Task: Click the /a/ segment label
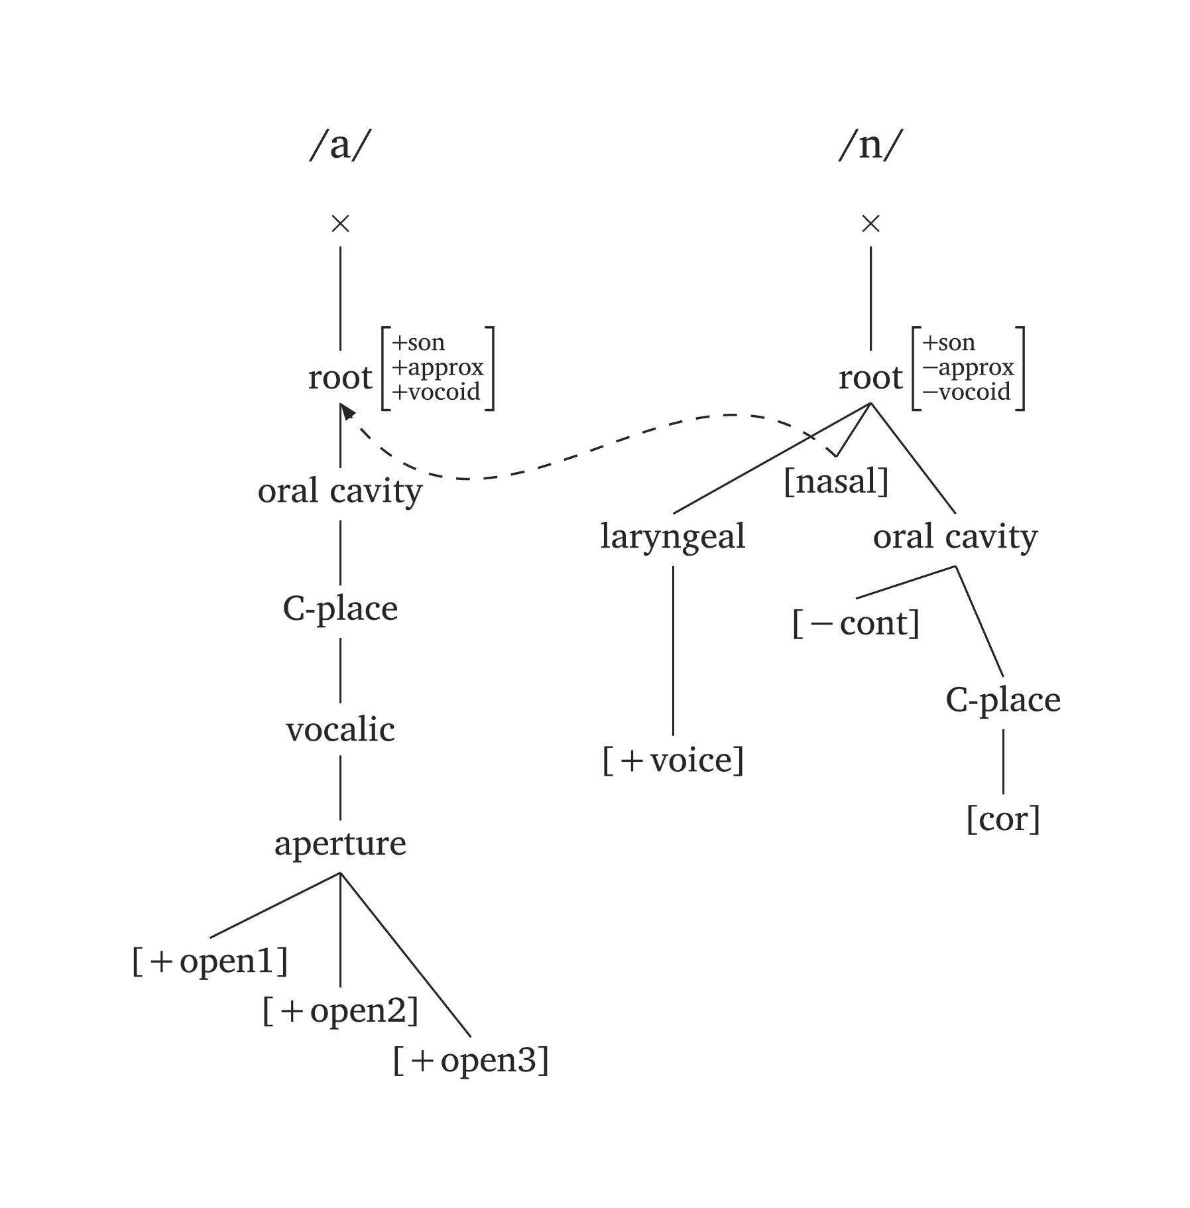(x=339, y=145)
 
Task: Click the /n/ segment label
(x=870, y=145)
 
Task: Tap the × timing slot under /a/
(x=340, y=224)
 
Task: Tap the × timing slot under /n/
(x=870, y=224)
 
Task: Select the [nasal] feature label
(x=835, y=481)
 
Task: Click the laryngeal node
(x=673, y=536)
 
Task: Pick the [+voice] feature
(x=673, y=760)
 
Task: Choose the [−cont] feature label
(x=856, y=623)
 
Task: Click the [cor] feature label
(x=1003, y=819)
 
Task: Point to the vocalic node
(x=340, y=729)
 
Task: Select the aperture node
(x=340, y=843)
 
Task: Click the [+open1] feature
(x=210, y=961)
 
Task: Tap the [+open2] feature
(x=340, y=1010)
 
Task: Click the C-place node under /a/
(x=340, y=608)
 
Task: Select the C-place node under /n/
(x=1003, y=699)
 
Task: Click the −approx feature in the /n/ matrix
(x=968, y=367)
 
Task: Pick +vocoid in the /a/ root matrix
(x=436, y=392)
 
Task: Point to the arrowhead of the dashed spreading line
(x=346, y=412)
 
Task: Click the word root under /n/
(x=870, y=378)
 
